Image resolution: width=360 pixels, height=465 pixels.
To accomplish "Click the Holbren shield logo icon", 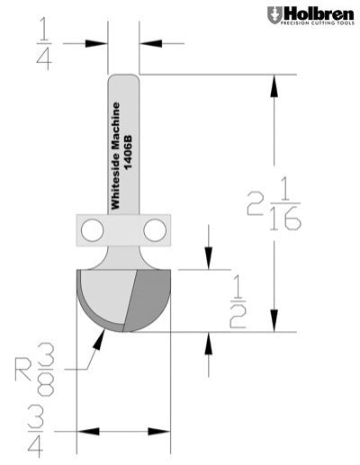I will pos(273,15).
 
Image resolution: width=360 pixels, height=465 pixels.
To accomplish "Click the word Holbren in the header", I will pos(316,13).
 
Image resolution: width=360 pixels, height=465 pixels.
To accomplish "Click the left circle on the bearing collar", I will pos(91,230).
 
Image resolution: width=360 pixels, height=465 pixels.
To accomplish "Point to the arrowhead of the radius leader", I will pos(102,335).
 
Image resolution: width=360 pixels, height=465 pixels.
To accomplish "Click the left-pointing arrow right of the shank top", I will pos(146,41).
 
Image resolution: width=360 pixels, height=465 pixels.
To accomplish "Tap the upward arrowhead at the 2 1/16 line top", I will pos(273,81).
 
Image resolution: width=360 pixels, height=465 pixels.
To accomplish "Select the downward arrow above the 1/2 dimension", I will pos(209,261).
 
